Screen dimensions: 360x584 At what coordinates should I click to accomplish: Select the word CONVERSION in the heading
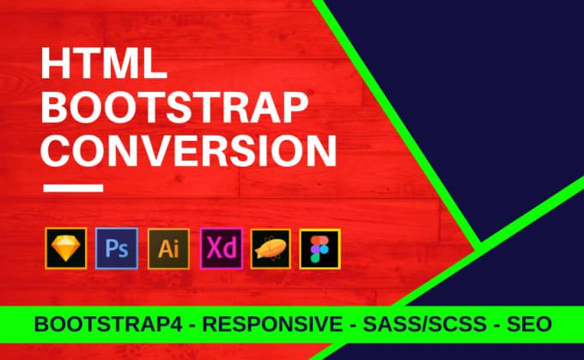(189, 151)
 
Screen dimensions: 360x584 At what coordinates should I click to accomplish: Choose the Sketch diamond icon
(64, 249)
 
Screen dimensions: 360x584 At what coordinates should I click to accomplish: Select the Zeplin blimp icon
(271, 249)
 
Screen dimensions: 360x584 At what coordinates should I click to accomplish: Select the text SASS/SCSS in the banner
(423, 323)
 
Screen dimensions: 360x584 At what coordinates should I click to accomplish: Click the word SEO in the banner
(526, 323)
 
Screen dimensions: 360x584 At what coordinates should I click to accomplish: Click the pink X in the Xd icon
(212, 250)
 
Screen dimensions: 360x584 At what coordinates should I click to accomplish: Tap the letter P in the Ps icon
(109, 249)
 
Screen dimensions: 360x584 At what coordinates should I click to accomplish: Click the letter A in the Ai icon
(163, 250)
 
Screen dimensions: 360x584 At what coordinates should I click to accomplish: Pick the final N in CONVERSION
(317, 151)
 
